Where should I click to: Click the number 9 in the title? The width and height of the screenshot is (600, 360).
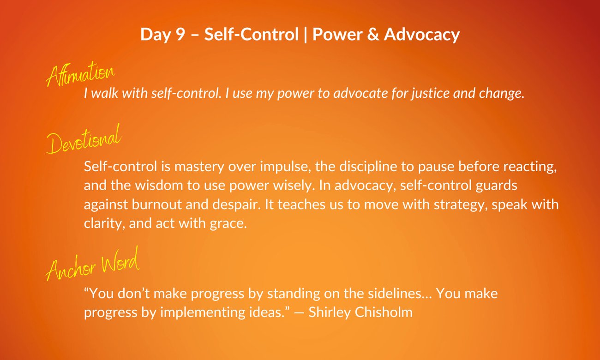click(180, 34)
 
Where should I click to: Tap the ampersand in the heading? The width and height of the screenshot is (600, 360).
click(373, 34)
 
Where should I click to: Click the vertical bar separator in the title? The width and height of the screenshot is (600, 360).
click(306, 35)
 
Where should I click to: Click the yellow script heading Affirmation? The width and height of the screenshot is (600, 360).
click(80, 74)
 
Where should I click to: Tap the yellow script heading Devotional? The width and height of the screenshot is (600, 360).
click(84, 139)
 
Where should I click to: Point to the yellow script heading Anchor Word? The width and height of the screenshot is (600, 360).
click(93, 264)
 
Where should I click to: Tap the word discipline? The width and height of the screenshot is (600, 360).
click(368, 167)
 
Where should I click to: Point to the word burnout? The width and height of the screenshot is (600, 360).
click(157, 204)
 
